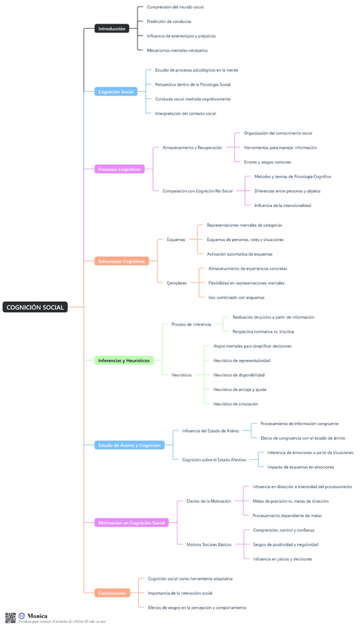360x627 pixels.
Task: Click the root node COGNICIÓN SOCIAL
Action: [35, 307]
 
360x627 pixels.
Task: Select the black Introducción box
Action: [112, 29]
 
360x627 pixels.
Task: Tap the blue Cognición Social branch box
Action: [115, 92]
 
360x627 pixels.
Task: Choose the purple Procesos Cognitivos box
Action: [119, 169]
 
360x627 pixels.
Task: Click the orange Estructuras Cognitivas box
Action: [122, 261]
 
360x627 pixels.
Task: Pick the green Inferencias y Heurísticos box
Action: [123, 360]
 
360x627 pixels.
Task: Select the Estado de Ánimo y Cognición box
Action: [129, 445]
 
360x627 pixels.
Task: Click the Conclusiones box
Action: [112, 592]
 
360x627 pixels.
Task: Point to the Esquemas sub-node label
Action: [176, 240]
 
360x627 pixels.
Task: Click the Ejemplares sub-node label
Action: [177, 282]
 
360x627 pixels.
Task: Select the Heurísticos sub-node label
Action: [181, 375]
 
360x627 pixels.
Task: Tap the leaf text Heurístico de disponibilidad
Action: [239, 375]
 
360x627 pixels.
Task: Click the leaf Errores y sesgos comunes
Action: [267, 161]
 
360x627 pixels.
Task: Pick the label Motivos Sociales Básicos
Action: [208, 544]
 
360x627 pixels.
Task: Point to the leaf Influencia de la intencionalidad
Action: [282, 205]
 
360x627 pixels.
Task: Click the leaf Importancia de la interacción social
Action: [180, 593]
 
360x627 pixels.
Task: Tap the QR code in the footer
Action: [10, 617]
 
